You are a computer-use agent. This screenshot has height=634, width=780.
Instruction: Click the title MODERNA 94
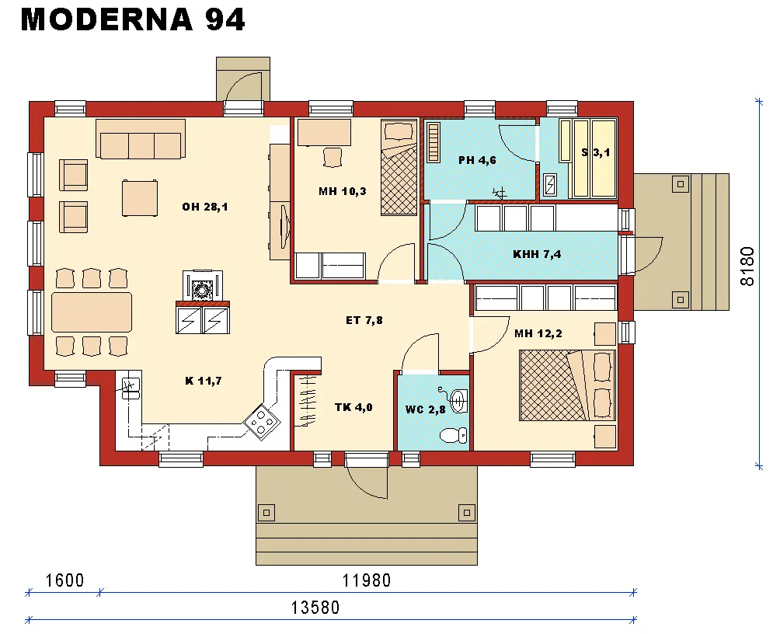(133, 21)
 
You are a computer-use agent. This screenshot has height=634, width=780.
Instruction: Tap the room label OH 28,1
(205, 207)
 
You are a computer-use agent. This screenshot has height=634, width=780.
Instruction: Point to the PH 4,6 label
(476, 161)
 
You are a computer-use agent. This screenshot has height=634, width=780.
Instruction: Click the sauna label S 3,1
(596, 153)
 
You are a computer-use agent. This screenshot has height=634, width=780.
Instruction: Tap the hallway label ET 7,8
(364, 319)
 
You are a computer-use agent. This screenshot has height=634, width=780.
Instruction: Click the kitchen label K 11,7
(204, 380)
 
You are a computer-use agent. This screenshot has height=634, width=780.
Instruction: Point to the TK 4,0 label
(353, 406)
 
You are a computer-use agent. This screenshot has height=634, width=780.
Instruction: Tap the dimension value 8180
(747, 266)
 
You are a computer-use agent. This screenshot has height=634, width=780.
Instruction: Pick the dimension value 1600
(64, 580)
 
